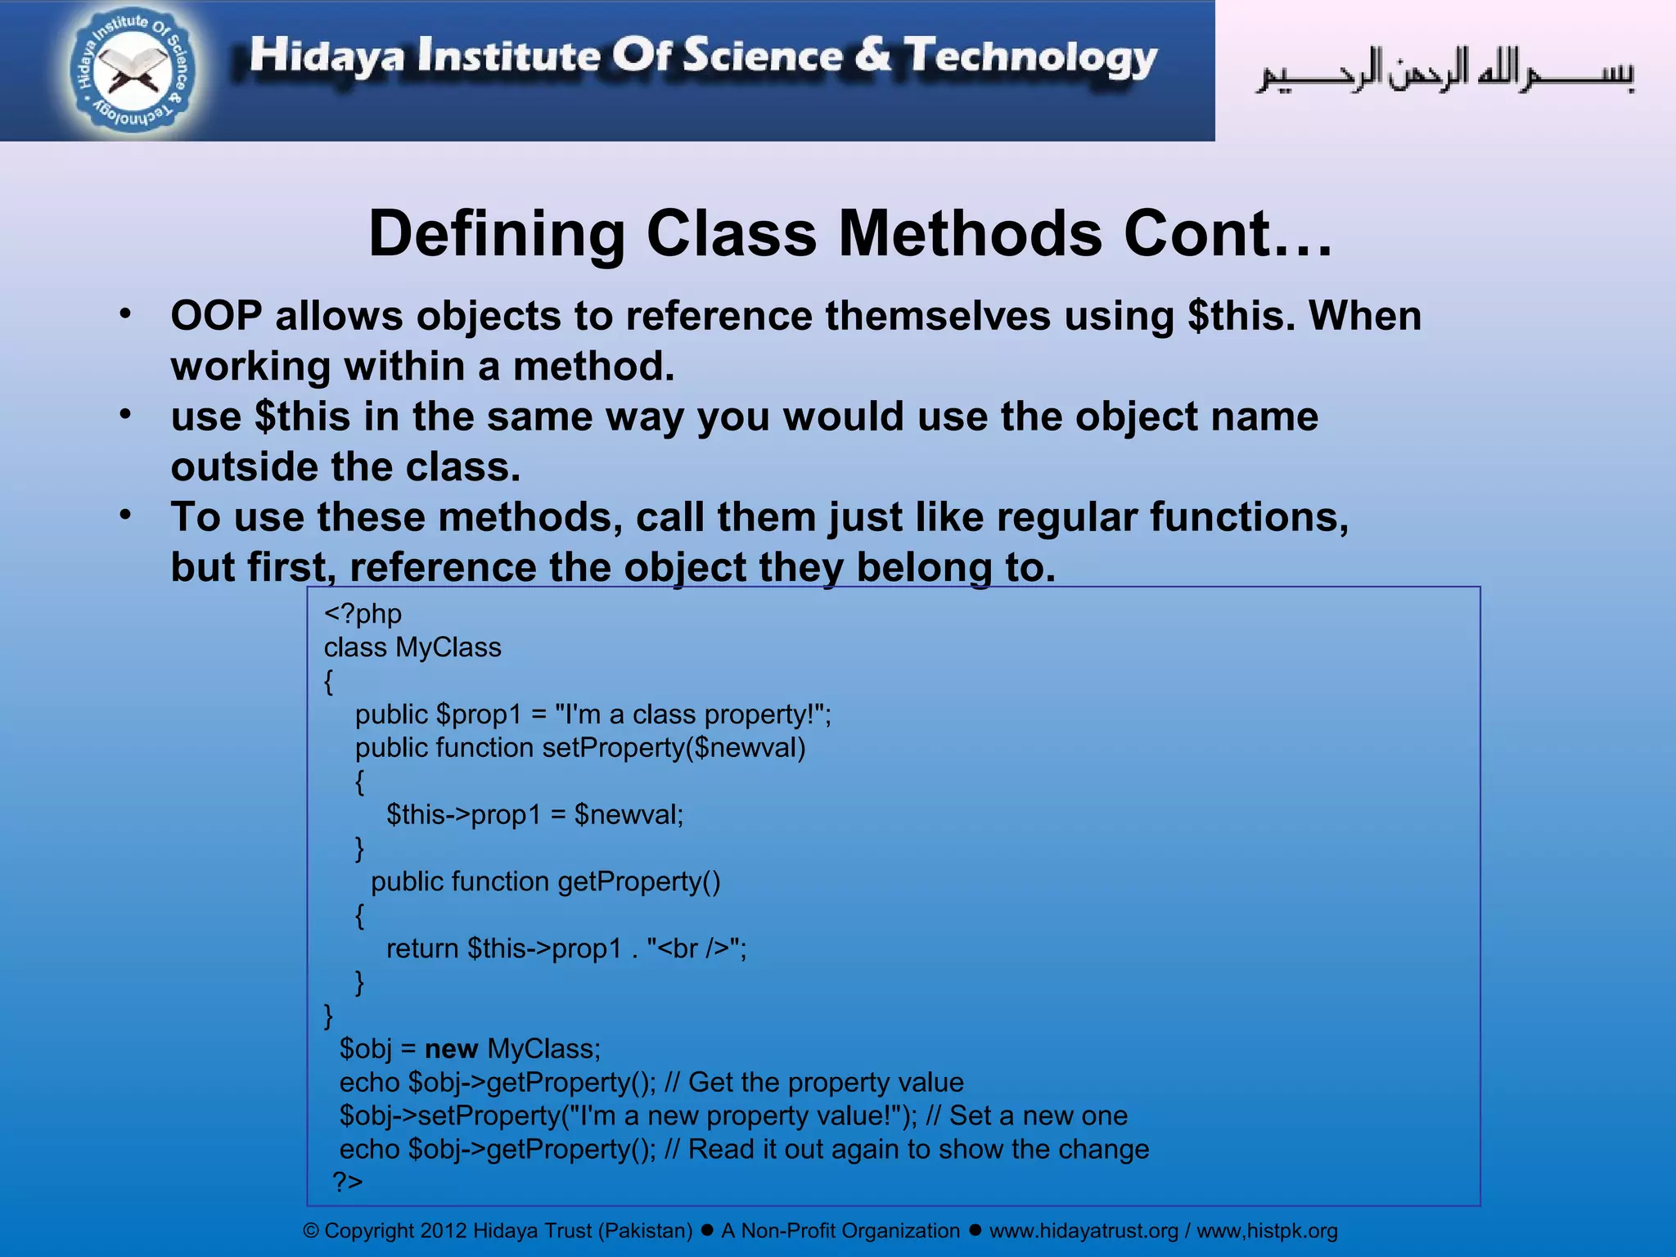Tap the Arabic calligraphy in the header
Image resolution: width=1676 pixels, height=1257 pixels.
[x=1445, y=72]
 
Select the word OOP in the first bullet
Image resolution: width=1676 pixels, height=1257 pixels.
[x=216, y=316]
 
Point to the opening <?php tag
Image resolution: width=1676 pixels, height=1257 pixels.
[x=363, y=614]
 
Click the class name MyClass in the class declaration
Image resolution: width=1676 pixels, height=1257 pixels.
[x=448, y=647]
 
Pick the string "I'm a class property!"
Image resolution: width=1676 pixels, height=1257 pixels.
[x=692, y=714]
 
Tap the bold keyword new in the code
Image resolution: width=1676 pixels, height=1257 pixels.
[x=451, y=1049]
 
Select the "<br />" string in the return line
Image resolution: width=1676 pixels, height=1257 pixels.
[x=695, y=948]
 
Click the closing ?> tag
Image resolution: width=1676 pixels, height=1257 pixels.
[x=348, y=1182]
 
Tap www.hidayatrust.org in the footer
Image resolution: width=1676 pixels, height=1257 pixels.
[x=1084, y=1231]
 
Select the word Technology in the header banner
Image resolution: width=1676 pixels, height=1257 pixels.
[x=1031, y=57]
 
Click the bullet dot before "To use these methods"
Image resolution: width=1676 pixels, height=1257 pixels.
[x=125, y=515]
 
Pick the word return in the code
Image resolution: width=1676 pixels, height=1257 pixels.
[x=421, y=948]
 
